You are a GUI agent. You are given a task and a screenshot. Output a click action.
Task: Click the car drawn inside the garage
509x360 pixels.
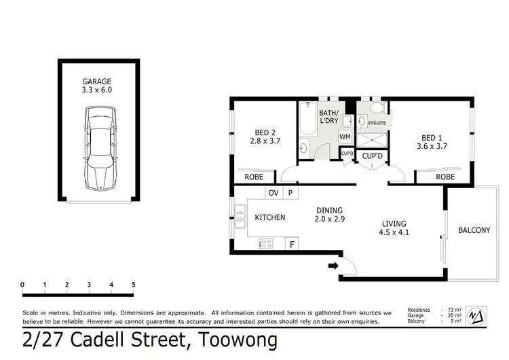[100, 149]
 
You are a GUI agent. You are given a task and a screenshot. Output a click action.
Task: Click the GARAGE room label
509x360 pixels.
[96, 81]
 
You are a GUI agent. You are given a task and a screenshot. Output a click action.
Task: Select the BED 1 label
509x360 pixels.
[432, 135]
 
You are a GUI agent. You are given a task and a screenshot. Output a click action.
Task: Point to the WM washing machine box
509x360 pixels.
[345, 137]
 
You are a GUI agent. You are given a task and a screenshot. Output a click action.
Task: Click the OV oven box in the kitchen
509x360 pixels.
[274, 194]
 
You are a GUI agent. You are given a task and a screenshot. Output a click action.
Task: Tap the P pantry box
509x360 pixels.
[290, 194]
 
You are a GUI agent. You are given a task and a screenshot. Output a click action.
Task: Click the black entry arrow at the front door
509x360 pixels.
[333, 266]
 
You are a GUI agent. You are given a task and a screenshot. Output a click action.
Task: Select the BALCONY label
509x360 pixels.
[473, 230]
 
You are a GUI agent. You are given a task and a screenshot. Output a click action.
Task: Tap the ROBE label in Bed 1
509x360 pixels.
[445, 176]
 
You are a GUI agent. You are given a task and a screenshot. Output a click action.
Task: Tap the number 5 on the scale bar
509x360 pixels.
[134, 285]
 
